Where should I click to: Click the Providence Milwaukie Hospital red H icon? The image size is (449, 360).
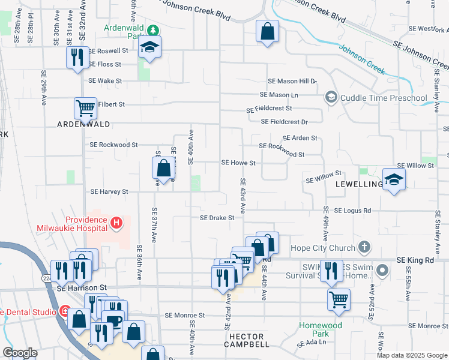117,224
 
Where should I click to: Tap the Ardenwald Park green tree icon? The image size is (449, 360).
154,29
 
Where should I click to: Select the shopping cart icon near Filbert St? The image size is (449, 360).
85,109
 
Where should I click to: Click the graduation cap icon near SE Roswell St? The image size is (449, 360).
149,48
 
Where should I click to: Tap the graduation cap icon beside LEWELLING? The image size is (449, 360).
394,179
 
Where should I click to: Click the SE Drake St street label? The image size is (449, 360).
217,218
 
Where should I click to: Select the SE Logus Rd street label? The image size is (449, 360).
353,211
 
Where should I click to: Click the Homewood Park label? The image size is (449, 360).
321,329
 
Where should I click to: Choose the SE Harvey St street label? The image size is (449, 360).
109,192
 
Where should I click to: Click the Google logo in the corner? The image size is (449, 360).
20,353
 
